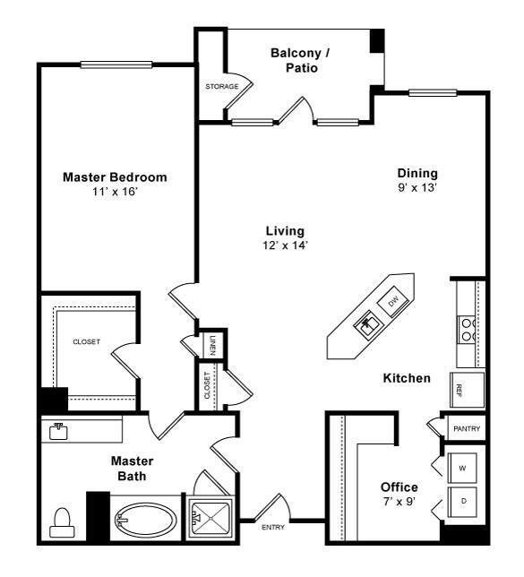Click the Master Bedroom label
(115, 177)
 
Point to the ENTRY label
(272, 527)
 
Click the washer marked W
(462, 467)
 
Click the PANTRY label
(466, 429)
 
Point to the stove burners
(467, 330)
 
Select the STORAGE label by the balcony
(221, 87)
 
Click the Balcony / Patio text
(300, 60)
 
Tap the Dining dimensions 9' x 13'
(418, 189)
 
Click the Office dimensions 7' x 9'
(399, 503)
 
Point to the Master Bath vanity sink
(59, 429)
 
